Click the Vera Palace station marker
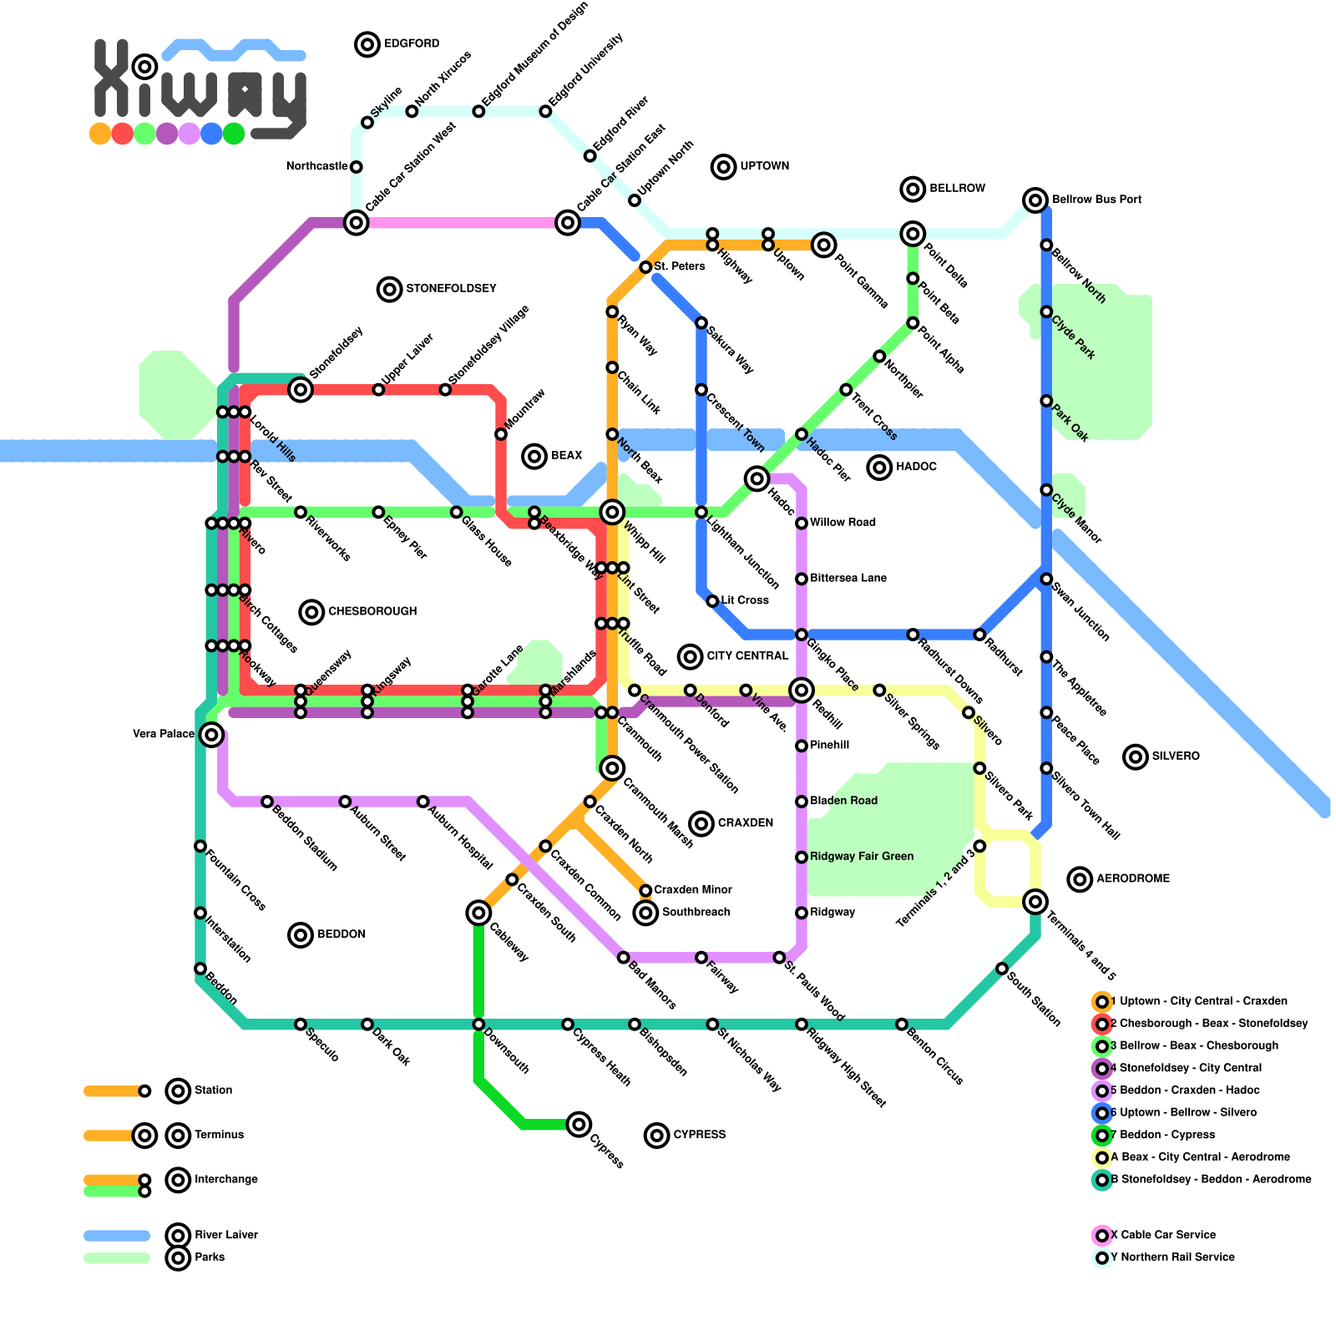click(212, 735)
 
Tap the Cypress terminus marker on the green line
click(579, 1124)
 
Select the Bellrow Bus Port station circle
click(1035, 200)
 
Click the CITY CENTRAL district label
click(746, 656)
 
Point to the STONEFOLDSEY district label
click(450, 289)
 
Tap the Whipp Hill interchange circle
click(612, 512)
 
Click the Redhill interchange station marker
click(802, 690)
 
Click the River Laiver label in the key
click(225, 1235)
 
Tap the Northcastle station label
click(316, 167)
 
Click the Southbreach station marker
click(645, 913)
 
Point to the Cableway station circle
click(478, 913)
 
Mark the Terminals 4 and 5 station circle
click(1035, 902)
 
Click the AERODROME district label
click(1132, 879)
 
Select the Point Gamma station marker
click(824, 245)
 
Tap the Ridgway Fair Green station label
click(861, 857)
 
